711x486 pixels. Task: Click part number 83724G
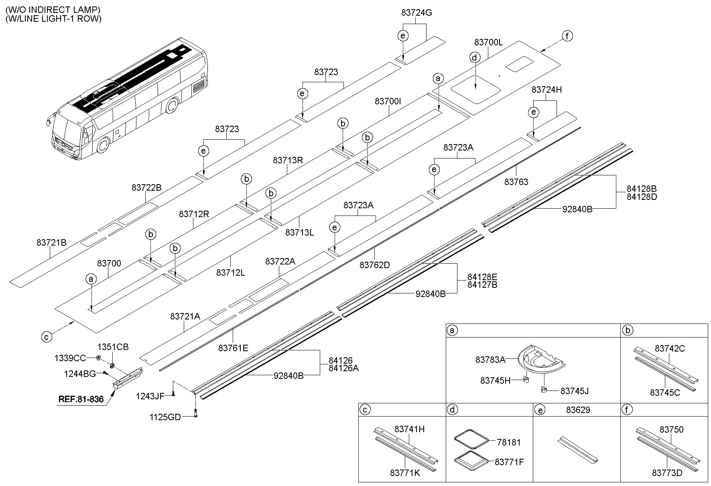coord(416,13)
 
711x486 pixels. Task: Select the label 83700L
coord(488,42)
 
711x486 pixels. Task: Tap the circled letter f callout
coord(567,36)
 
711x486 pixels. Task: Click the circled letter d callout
coord(475,58)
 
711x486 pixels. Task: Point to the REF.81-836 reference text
coord(81,399)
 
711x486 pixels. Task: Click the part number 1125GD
coord(165,417)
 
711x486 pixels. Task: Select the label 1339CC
coord(70,358)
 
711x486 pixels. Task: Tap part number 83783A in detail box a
coord(490,360)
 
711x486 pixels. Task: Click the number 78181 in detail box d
coord(508,442)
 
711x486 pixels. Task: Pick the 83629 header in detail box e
coord(578,410)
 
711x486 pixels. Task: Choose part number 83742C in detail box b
coord(670,348)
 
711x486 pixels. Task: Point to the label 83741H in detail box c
coord(409,429)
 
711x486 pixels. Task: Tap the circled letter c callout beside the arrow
coord(47,337)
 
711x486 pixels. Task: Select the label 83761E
coord(233,348)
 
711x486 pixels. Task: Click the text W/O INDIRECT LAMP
coord(53,10)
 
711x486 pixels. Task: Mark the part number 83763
coord(516,182)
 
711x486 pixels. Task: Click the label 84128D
coord(642,197)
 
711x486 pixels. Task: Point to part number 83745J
coord(575,390)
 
